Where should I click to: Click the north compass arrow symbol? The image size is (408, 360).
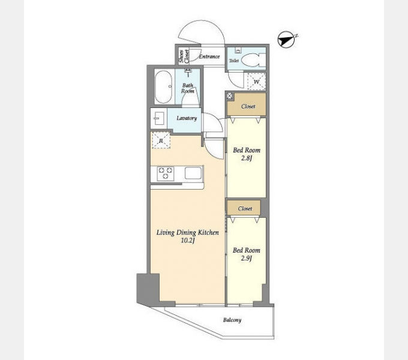pos(287,40)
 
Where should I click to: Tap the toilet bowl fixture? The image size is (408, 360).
pos(253,60)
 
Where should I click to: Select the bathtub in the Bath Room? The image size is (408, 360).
pos(163,87)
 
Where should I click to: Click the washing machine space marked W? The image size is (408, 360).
pos(256,82)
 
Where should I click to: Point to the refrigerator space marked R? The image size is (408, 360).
pos(161,140)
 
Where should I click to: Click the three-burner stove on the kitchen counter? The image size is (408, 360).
pos(166,173)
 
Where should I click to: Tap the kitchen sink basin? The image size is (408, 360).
pos(193,173)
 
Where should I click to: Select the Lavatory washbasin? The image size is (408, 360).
pos(159,118)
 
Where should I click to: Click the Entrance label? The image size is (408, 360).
pos(209,56)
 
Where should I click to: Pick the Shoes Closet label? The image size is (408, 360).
pos(184,56)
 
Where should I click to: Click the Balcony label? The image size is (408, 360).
pos(232,320)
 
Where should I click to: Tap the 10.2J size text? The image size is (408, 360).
pos(188,241)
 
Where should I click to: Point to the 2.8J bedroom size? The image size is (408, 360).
pos(246,158)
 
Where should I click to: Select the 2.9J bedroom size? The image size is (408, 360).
pos(246,258)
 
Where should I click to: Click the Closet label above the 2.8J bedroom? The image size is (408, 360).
pos(248,106)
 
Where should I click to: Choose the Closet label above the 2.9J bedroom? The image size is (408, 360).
pos(245,209)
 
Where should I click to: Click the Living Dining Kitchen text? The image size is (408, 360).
pos(188,233)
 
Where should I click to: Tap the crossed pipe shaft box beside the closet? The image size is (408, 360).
pos(229,96)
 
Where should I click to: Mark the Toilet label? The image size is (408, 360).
pos(233,61)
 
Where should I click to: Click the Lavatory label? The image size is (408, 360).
pos(187,118)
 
